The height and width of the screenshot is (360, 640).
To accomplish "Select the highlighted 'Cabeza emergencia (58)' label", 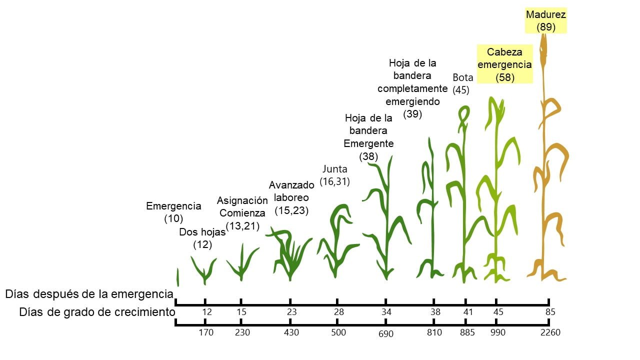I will [505, 64].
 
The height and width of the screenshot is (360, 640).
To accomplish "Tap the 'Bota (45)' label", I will [462, 83].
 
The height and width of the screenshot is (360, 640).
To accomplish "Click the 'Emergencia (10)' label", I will [173, 212].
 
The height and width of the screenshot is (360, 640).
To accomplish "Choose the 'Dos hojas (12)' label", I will [202, 238].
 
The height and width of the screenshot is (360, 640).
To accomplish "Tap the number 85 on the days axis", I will [550, 312].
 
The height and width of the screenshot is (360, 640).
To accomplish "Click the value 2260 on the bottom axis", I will [550, 332].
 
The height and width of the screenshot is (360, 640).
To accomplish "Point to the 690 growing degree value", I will [385, 333].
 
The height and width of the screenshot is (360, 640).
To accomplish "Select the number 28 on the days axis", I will [339, 312].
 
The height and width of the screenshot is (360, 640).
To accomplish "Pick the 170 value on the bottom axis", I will [205, 332].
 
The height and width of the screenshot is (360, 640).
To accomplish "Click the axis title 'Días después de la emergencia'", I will [89, 294].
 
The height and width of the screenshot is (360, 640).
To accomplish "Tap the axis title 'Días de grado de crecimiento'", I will [97, 312].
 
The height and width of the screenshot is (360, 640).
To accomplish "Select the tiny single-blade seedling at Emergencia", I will [177, 277].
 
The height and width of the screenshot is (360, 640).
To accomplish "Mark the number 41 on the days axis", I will [465, 312].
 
